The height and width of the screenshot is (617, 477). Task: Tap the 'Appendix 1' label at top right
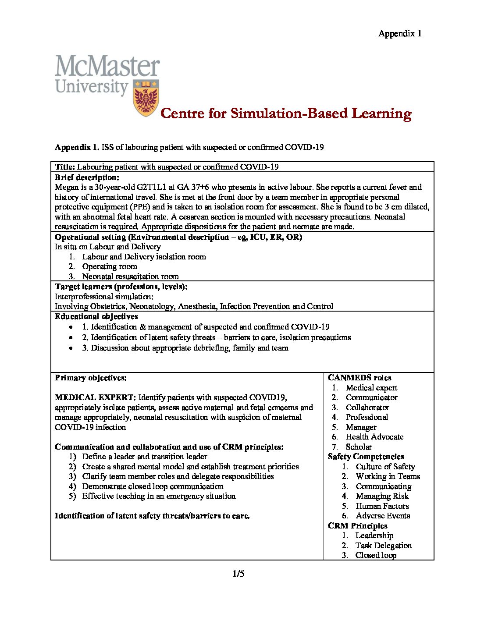pos(400,34)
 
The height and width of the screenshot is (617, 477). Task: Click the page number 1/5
pos(238,574)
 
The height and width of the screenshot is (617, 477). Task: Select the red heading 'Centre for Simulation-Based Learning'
pos(286,113)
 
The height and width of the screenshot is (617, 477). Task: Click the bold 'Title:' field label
pos(65,167)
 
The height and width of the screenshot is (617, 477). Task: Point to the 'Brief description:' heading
pos(87,177)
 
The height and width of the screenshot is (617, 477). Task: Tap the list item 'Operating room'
pos(110,266)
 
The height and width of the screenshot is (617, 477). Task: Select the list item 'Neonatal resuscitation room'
pos(130,277)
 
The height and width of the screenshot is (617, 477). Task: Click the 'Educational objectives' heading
pos(96,316)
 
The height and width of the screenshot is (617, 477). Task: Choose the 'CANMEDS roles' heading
pos(360,378)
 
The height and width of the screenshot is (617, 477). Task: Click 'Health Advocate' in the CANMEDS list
pos(374,437)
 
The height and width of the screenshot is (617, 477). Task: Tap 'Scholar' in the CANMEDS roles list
pos(359,447)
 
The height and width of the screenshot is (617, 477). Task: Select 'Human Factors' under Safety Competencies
pos(382,506)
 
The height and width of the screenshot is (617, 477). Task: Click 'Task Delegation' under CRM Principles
pos(384,546)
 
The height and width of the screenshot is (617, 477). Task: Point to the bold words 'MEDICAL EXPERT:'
pos(95,397)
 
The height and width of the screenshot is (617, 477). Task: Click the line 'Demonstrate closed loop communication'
pos(153,486)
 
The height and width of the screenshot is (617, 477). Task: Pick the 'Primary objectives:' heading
pos(91,378)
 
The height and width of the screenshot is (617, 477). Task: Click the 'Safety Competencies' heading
pos(366,457)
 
